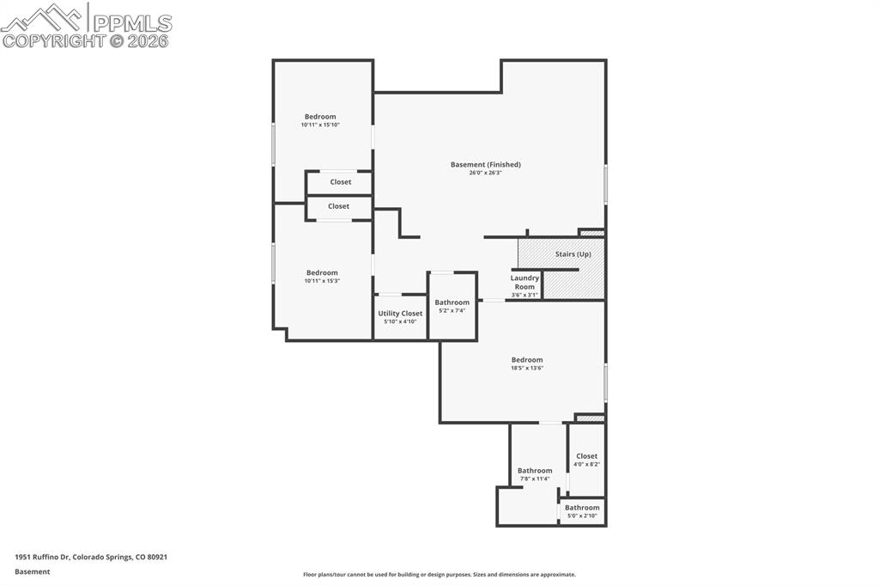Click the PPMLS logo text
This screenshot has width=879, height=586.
click(130, 21)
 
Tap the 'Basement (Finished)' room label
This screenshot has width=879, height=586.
click(486, 164)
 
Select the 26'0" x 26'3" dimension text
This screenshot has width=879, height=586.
click(485, 173)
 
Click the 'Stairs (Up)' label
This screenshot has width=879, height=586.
click(573, 254)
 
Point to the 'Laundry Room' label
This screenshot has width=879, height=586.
click(524, 282)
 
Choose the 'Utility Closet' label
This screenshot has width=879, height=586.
click(400, 314)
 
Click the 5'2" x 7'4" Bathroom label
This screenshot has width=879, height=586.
click(452, 302)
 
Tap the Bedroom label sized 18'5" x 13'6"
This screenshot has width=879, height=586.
click(527, 360)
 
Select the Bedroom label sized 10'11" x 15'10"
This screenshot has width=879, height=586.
click(320, 117)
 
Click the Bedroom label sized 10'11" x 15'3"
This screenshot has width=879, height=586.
click(322, 273)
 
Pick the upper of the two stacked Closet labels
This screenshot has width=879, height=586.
click(341, 182)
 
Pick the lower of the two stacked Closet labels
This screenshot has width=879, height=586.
click(339, 206)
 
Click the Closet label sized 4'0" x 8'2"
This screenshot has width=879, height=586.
click(586, 456)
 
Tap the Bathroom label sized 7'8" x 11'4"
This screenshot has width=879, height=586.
click(535, 471)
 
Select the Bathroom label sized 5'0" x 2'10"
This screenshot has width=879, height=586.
click(582, 508)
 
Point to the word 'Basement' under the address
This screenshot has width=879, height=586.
click(33, 571)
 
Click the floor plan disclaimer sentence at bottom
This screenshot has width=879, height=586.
click(439, 575)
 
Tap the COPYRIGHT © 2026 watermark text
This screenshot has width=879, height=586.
click(86, 40)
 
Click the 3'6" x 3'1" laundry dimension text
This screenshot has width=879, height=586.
click(524, 295)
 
